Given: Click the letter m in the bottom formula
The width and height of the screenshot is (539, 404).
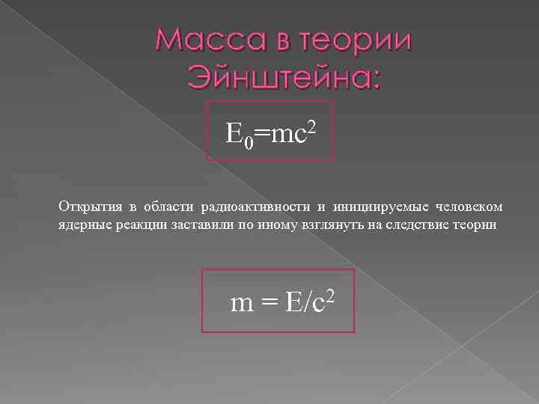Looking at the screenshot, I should (243, 303).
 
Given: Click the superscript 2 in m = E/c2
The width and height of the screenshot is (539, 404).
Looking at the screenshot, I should (328, 292).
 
